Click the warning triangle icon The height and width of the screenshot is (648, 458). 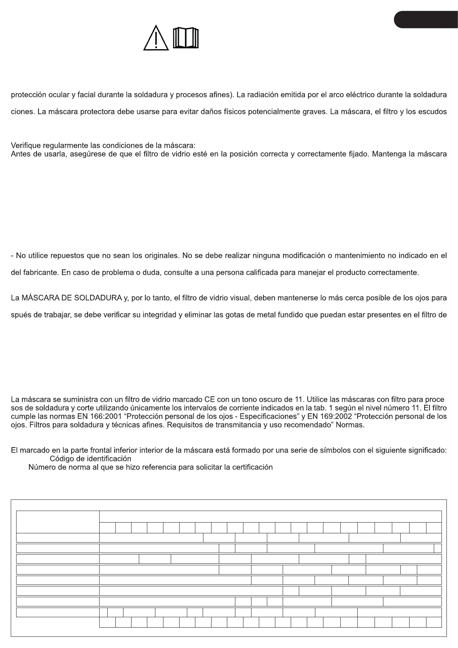[x=156, y=38]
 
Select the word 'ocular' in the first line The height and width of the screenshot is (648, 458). [x=59, y=95]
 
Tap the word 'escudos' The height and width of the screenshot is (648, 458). [x=432, y=112]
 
